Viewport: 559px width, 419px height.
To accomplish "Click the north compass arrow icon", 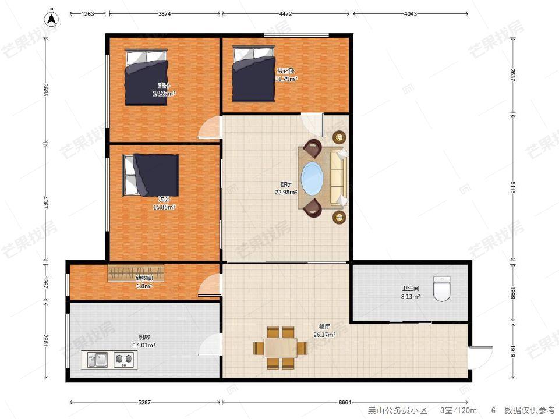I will click(x=52, y=17).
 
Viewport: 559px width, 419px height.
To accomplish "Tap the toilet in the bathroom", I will click(x=443, y=288).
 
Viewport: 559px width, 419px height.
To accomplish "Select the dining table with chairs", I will click(x=280, y=347).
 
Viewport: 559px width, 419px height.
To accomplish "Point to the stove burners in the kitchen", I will click(x=123, y=360).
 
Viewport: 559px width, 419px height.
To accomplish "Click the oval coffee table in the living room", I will click(x=312, y=177).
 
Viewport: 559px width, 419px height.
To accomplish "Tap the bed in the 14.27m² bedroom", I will click(x=146, y=77).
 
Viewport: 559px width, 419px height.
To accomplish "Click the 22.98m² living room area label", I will click(x=286, y=188).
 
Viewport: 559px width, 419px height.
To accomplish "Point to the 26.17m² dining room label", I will click(x=323, y=331).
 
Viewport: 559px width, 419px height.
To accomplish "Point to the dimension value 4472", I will click(x=285, y=14).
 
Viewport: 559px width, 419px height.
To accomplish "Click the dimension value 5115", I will click(x=512, y=187).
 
